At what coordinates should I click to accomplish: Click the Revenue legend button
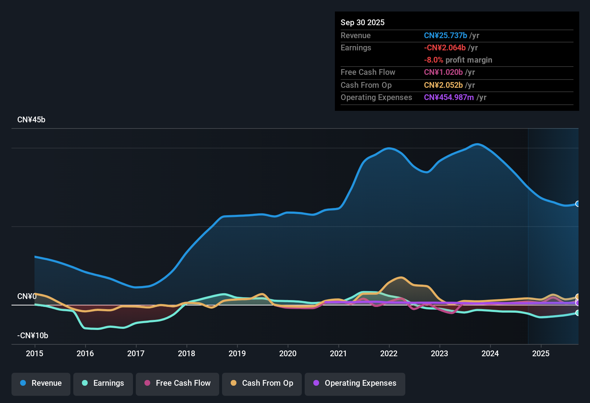tap(41, 383)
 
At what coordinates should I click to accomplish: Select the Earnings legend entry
tap(103, 383)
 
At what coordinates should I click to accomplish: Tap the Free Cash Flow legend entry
tap(178, 383)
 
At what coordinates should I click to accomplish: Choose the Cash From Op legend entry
tap(262, 383)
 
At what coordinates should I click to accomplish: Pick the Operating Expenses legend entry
tap(355, 383)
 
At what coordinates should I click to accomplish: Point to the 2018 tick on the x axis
tap(186, 353)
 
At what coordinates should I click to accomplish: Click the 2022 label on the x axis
tap(389, 353)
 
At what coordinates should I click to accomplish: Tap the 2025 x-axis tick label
tap(541, 353)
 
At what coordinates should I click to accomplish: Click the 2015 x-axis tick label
tap(34, 353)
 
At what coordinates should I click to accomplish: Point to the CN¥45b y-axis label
tap(31, 120)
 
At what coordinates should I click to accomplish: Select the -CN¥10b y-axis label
tap(33, 336)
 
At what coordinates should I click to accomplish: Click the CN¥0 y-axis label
tap(27, 296)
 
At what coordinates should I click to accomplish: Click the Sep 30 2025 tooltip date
tap(363, 22)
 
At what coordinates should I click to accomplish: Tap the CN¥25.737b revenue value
tap(446, 35)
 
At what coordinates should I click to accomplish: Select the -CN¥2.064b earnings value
tap(445, 47)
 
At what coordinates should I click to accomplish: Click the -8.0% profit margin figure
tap(434, 60)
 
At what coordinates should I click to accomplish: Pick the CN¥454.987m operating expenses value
tap(449, 98)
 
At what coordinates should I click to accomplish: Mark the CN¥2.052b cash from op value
tap(443, 85)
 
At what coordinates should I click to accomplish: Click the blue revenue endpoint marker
tap(577, 204)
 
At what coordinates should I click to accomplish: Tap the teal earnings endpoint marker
tap(577, 313)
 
